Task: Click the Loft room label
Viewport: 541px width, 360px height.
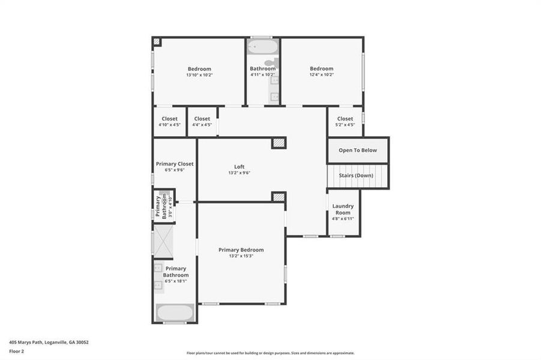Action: pos(239,167)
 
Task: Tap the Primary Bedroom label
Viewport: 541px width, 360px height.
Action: pos(241,250)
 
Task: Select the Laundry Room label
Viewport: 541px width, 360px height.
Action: pos(343,209)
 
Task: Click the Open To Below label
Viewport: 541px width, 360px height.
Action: pos(358,150)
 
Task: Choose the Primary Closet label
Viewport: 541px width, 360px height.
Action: pos(175,163)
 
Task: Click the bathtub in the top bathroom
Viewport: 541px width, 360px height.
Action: pos(262,47)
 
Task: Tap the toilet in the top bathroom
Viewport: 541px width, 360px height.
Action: pos(270,62)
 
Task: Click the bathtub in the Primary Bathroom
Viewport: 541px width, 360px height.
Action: pos(175,312)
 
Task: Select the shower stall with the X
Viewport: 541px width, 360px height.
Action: pos(163,242)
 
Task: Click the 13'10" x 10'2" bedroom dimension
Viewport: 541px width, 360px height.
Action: pos(199,75)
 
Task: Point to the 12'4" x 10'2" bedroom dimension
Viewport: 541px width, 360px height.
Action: pos(321,75)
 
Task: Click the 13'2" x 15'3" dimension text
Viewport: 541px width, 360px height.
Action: pos(241,256)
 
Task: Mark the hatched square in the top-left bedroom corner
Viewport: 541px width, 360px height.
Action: pos(157,41)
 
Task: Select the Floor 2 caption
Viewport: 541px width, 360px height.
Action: pos(17,353)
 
